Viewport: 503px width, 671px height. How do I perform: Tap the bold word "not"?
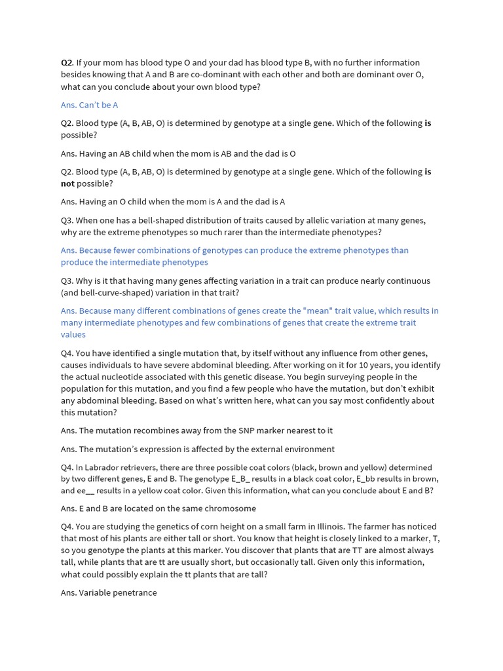tap(68, 183)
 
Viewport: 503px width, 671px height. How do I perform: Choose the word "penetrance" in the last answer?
tap(135, 592)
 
